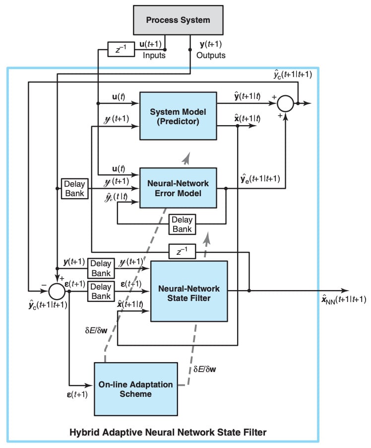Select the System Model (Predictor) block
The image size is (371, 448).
coord(178,115)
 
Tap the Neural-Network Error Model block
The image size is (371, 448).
coord(178,188)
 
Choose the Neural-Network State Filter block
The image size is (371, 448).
coord(188,293)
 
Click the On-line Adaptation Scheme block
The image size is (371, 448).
coord(135,389)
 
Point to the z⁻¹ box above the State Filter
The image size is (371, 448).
coord(182,252)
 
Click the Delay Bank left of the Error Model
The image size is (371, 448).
coord(74,188)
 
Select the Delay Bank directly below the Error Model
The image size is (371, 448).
coord(182,224)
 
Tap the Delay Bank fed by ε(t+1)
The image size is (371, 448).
coord(101,291)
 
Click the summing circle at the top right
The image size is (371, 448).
coord(285,104)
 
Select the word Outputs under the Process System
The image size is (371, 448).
coord(211,55)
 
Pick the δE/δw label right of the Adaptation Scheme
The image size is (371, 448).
coord(205,370)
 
